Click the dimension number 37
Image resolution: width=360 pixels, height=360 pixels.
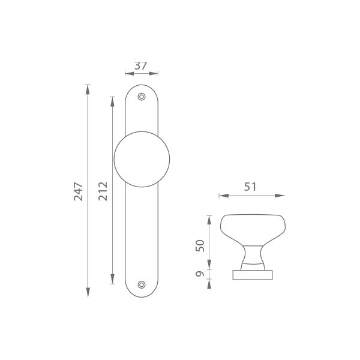pyautogui.click(x=140, y=66)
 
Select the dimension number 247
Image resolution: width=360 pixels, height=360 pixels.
pyautogui.click(x=78, y=191)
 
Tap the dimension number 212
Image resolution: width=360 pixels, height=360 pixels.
pyautogui.click(x=103, y=191)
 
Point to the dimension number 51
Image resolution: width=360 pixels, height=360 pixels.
pyautogui.click(x=250, y=187)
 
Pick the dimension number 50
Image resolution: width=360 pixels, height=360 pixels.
pyautogui.click(x=200, y=245)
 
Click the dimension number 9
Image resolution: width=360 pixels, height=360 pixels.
pyautogui.click(x=200, y=274)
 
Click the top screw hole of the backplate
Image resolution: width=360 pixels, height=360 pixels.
pyautogui.click(x=142, y=97)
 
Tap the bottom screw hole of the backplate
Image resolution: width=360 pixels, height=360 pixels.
pyautogui.click(x=142, y=284)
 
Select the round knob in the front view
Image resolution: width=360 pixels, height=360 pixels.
pyautogui.click(x=142, y=159)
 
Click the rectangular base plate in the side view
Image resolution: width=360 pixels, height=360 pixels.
pyautogui.click(x=253, y=275)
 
